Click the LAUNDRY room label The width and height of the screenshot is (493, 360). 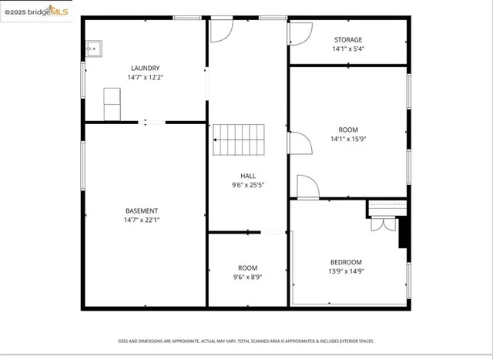145,68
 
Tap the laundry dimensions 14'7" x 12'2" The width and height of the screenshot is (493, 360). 145,77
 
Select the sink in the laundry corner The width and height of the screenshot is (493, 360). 94,49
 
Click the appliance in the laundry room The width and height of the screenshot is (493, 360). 113,103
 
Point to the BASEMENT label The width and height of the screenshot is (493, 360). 142,210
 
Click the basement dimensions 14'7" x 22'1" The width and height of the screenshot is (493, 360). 142,220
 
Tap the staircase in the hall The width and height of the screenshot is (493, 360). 239,140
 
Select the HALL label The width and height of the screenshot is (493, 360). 247,176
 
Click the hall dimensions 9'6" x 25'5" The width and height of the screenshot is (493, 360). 247,185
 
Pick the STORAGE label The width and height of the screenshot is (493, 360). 347,39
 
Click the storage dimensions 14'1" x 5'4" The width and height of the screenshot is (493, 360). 347,49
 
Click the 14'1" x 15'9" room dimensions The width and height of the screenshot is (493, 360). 347,140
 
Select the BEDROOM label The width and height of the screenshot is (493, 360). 346,262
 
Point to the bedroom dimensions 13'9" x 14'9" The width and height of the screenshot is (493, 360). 346,271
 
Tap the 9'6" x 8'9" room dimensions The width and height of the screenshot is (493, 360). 247,277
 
